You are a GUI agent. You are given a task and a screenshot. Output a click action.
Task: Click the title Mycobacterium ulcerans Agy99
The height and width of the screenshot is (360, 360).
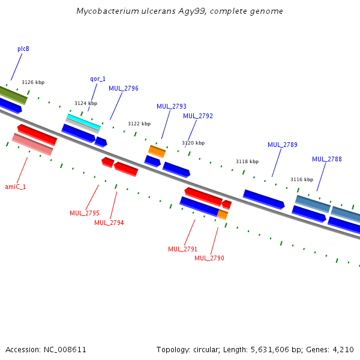180,11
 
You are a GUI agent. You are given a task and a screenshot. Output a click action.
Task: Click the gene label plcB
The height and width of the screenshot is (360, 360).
23,49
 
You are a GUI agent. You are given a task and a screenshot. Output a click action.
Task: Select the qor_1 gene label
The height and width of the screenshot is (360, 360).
98,79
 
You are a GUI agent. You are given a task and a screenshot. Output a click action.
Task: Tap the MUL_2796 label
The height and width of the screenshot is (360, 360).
124,88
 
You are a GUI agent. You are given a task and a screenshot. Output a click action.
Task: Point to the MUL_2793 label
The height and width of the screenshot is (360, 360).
172,106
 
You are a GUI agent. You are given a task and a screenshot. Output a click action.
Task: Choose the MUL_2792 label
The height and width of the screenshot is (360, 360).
198,116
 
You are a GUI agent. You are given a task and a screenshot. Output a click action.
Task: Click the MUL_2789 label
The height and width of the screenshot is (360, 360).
283,145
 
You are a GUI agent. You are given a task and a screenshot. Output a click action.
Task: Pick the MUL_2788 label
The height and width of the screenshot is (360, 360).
327,159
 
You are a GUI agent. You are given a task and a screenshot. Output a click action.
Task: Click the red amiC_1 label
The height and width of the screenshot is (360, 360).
16,187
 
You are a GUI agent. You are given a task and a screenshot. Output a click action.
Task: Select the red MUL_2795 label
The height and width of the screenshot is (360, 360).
85,213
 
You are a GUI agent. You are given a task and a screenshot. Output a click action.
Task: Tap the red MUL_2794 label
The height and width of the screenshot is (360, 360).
109,223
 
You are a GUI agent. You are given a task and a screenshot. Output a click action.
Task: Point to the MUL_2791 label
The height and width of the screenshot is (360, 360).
183,249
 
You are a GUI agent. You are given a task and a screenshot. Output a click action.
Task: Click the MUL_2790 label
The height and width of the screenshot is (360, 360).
209,258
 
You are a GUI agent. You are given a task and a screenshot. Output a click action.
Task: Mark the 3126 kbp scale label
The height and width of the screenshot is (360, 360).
33,82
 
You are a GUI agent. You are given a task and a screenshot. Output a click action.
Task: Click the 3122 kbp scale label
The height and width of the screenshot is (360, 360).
139,124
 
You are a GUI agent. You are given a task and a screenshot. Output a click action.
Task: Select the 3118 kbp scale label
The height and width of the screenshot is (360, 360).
247,161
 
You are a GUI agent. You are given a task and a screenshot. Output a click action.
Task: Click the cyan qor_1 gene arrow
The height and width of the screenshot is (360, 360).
83,119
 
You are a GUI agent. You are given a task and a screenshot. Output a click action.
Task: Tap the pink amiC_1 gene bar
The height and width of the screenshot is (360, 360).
32,144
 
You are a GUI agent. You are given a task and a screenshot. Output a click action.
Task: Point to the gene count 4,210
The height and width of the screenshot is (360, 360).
343,349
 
